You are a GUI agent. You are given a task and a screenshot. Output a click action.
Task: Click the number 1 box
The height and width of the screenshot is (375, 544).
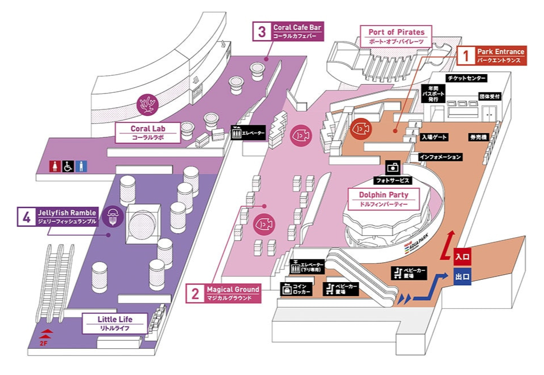pyautogui.click(x=465, y=55)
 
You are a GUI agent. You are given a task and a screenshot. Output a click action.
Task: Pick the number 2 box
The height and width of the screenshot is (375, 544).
pyautogui.click(x=195, y=294)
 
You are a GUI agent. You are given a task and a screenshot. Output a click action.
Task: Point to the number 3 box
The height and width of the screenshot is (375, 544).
pyautogui.click(x=262, y=31)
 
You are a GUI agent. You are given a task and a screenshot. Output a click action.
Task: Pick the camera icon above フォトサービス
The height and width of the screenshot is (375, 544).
pyautogui.click(x=393, y=168)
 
